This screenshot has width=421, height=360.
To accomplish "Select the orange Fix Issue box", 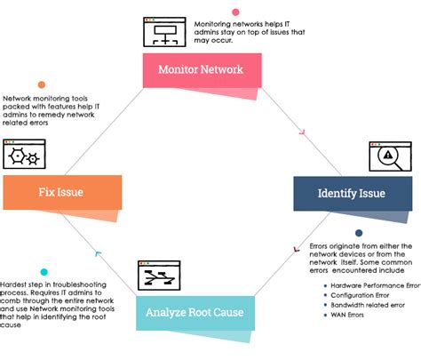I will [60, 192].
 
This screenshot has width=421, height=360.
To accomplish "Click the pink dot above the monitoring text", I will [234, 12].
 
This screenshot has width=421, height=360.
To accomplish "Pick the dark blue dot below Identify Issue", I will [358, 233].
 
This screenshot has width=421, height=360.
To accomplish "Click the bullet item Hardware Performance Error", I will [373, 285].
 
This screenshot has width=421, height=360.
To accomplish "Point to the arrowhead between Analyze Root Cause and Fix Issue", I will [98, 255].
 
